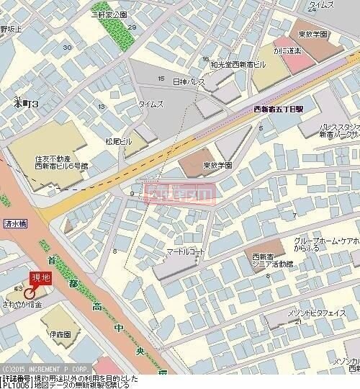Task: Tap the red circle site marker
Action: [x=30, y=293]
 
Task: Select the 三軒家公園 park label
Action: [x=109, y=14]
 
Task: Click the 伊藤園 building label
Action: [x=60, y=335]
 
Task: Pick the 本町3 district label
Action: [x=25, y=104]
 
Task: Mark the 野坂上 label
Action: [x=11, y=29]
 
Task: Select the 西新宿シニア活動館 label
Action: [x=272, y=261]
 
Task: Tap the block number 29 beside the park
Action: [x=132, y=27]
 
